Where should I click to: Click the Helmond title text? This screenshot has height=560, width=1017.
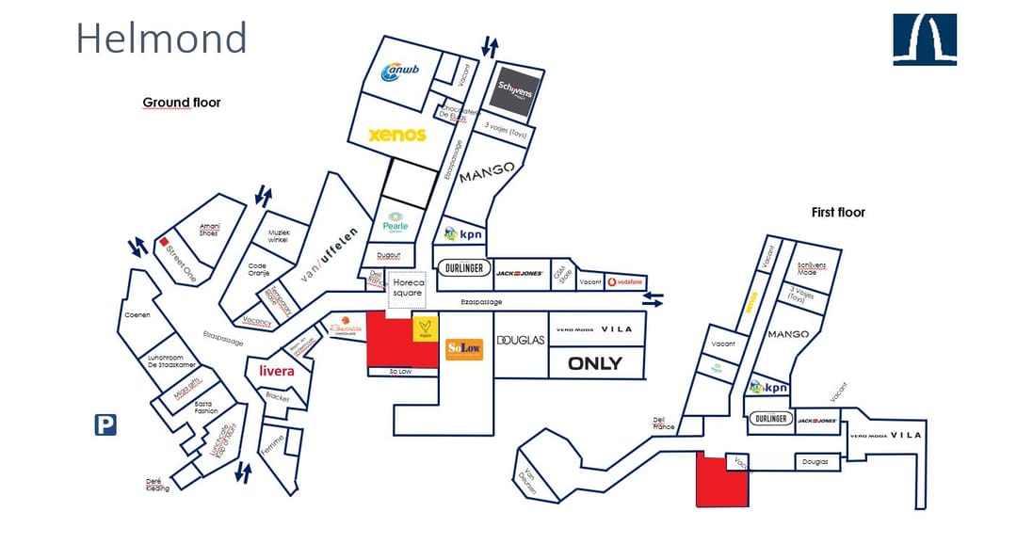pos(161,39)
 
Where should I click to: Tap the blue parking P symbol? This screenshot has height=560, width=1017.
pos(105,425)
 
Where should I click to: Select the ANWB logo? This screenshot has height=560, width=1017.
pos(399,72)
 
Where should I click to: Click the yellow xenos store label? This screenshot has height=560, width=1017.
pos(396,135)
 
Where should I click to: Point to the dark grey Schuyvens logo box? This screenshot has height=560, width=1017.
pos(515,92)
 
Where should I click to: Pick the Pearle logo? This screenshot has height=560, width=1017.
pos(395,223)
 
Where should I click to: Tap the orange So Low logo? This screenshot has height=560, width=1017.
pos(464,348)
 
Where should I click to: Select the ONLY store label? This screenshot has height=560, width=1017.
pos(594,363)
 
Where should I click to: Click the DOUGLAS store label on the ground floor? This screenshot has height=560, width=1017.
pos(521,340)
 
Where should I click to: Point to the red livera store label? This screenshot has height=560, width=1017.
pos(277,371)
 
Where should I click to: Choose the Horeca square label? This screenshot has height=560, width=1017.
pos(408,287)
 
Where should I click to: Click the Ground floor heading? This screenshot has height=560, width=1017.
pos(182,102)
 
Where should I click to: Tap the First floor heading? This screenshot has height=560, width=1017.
pos(838,213)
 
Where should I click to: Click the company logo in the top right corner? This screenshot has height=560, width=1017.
pos(925,40)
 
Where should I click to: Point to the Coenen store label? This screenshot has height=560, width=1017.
pos(137,314)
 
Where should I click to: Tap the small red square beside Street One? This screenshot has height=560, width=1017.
pos(163,242)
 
